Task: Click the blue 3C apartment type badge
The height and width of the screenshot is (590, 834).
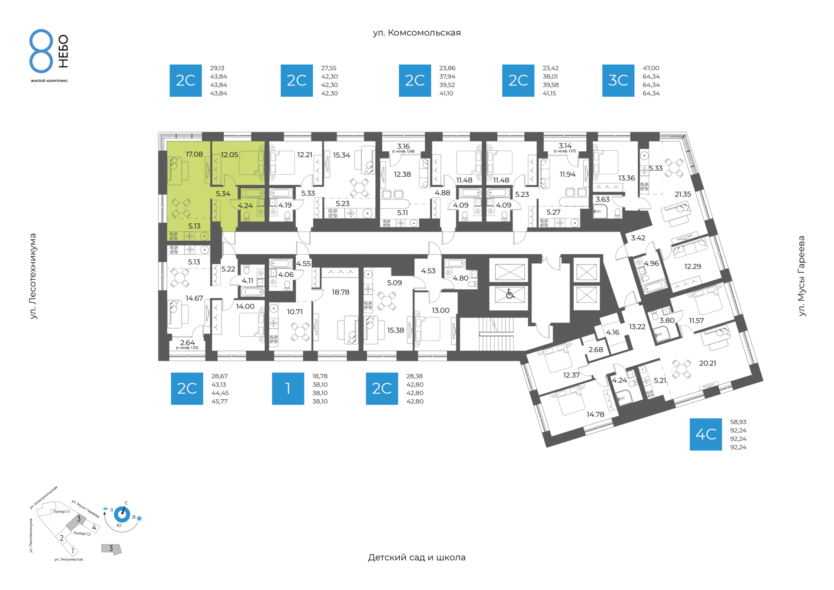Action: click(618, 80)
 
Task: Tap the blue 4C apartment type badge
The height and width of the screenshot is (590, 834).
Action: click(706, 434)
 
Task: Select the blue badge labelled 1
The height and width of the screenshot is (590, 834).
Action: click(288, 388)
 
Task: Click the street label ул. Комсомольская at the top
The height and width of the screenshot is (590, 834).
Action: click(417, 33)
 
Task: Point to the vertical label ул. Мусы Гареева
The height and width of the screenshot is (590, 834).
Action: click(801, 276)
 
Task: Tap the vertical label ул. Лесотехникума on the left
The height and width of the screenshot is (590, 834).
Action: click(33, 276)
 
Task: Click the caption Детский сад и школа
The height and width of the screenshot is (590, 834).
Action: click(417, 557)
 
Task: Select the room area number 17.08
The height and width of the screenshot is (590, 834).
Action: click(194, 154)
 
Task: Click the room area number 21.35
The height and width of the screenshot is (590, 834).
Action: click(683, 194)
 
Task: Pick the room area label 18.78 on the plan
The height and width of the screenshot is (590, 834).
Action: click(341, 292)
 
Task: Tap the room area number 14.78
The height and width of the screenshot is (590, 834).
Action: click(595, 414)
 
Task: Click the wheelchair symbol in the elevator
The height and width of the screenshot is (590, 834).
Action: click(510, 295)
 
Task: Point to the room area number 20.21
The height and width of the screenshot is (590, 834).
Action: click(708, 363)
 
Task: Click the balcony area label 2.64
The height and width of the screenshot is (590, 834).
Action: click(188, 343)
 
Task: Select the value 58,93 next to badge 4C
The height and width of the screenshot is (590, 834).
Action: click(738, 422)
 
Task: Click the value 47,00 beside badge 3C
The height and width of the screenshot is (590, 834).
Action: click(651, 68)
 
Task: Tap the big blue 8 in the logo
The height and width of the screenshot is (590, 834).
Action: click(41, 51)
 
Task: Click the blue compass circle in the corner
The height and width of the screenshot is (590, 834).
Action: click(122, 515)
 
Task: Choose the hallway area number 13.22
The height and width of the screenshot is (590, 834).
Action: click(637, 327)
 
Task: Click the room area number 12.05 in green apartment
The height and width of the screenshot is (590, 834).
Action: click(229, 155)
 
